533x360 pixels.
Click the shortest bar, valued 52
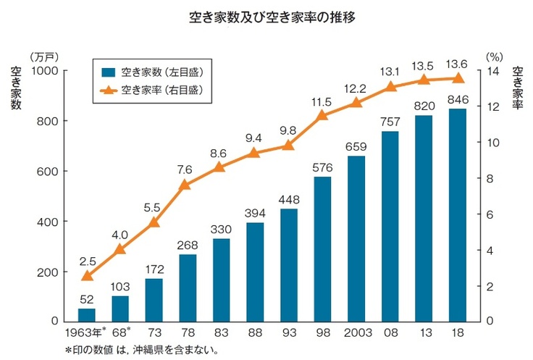pos(87,315)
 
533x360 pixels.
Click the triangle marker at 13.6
pos(458,78)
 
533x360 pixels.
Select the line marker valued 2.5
pos(87,276)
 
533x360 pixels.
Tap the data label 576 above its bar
pos(323,167)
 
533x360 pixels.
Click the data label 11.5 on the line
pos(322,101)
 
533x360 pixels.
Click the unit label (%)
pos(494,55)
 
